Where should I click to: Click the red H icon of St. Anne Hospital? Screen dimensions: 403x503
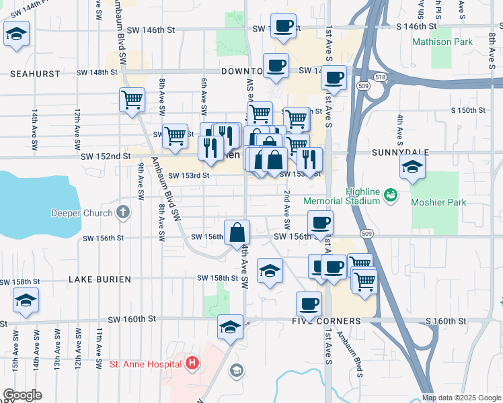193,364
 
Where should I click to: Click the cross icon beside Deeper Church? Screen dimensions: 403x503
122,214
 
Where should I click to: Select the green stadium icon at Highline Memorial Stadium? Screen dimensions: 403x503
390,195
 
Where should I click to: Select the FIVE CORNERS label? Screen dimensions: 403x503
332,321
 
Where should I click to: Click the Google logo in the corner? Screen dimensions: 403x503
22,395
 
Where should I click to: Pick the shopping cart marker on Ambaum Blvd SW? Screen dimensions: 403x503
132,100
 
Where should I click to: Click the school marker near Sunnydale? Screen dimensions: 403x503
412,168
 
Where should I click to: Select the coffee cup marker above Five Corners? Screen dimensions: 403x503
309,304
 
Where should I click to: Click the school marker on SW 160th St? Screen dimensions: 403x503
230,327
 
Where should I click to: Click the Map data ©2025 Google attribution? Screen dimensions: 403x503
461,398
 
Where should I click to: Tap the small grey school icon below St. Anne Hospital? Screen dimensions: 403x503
236,370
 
